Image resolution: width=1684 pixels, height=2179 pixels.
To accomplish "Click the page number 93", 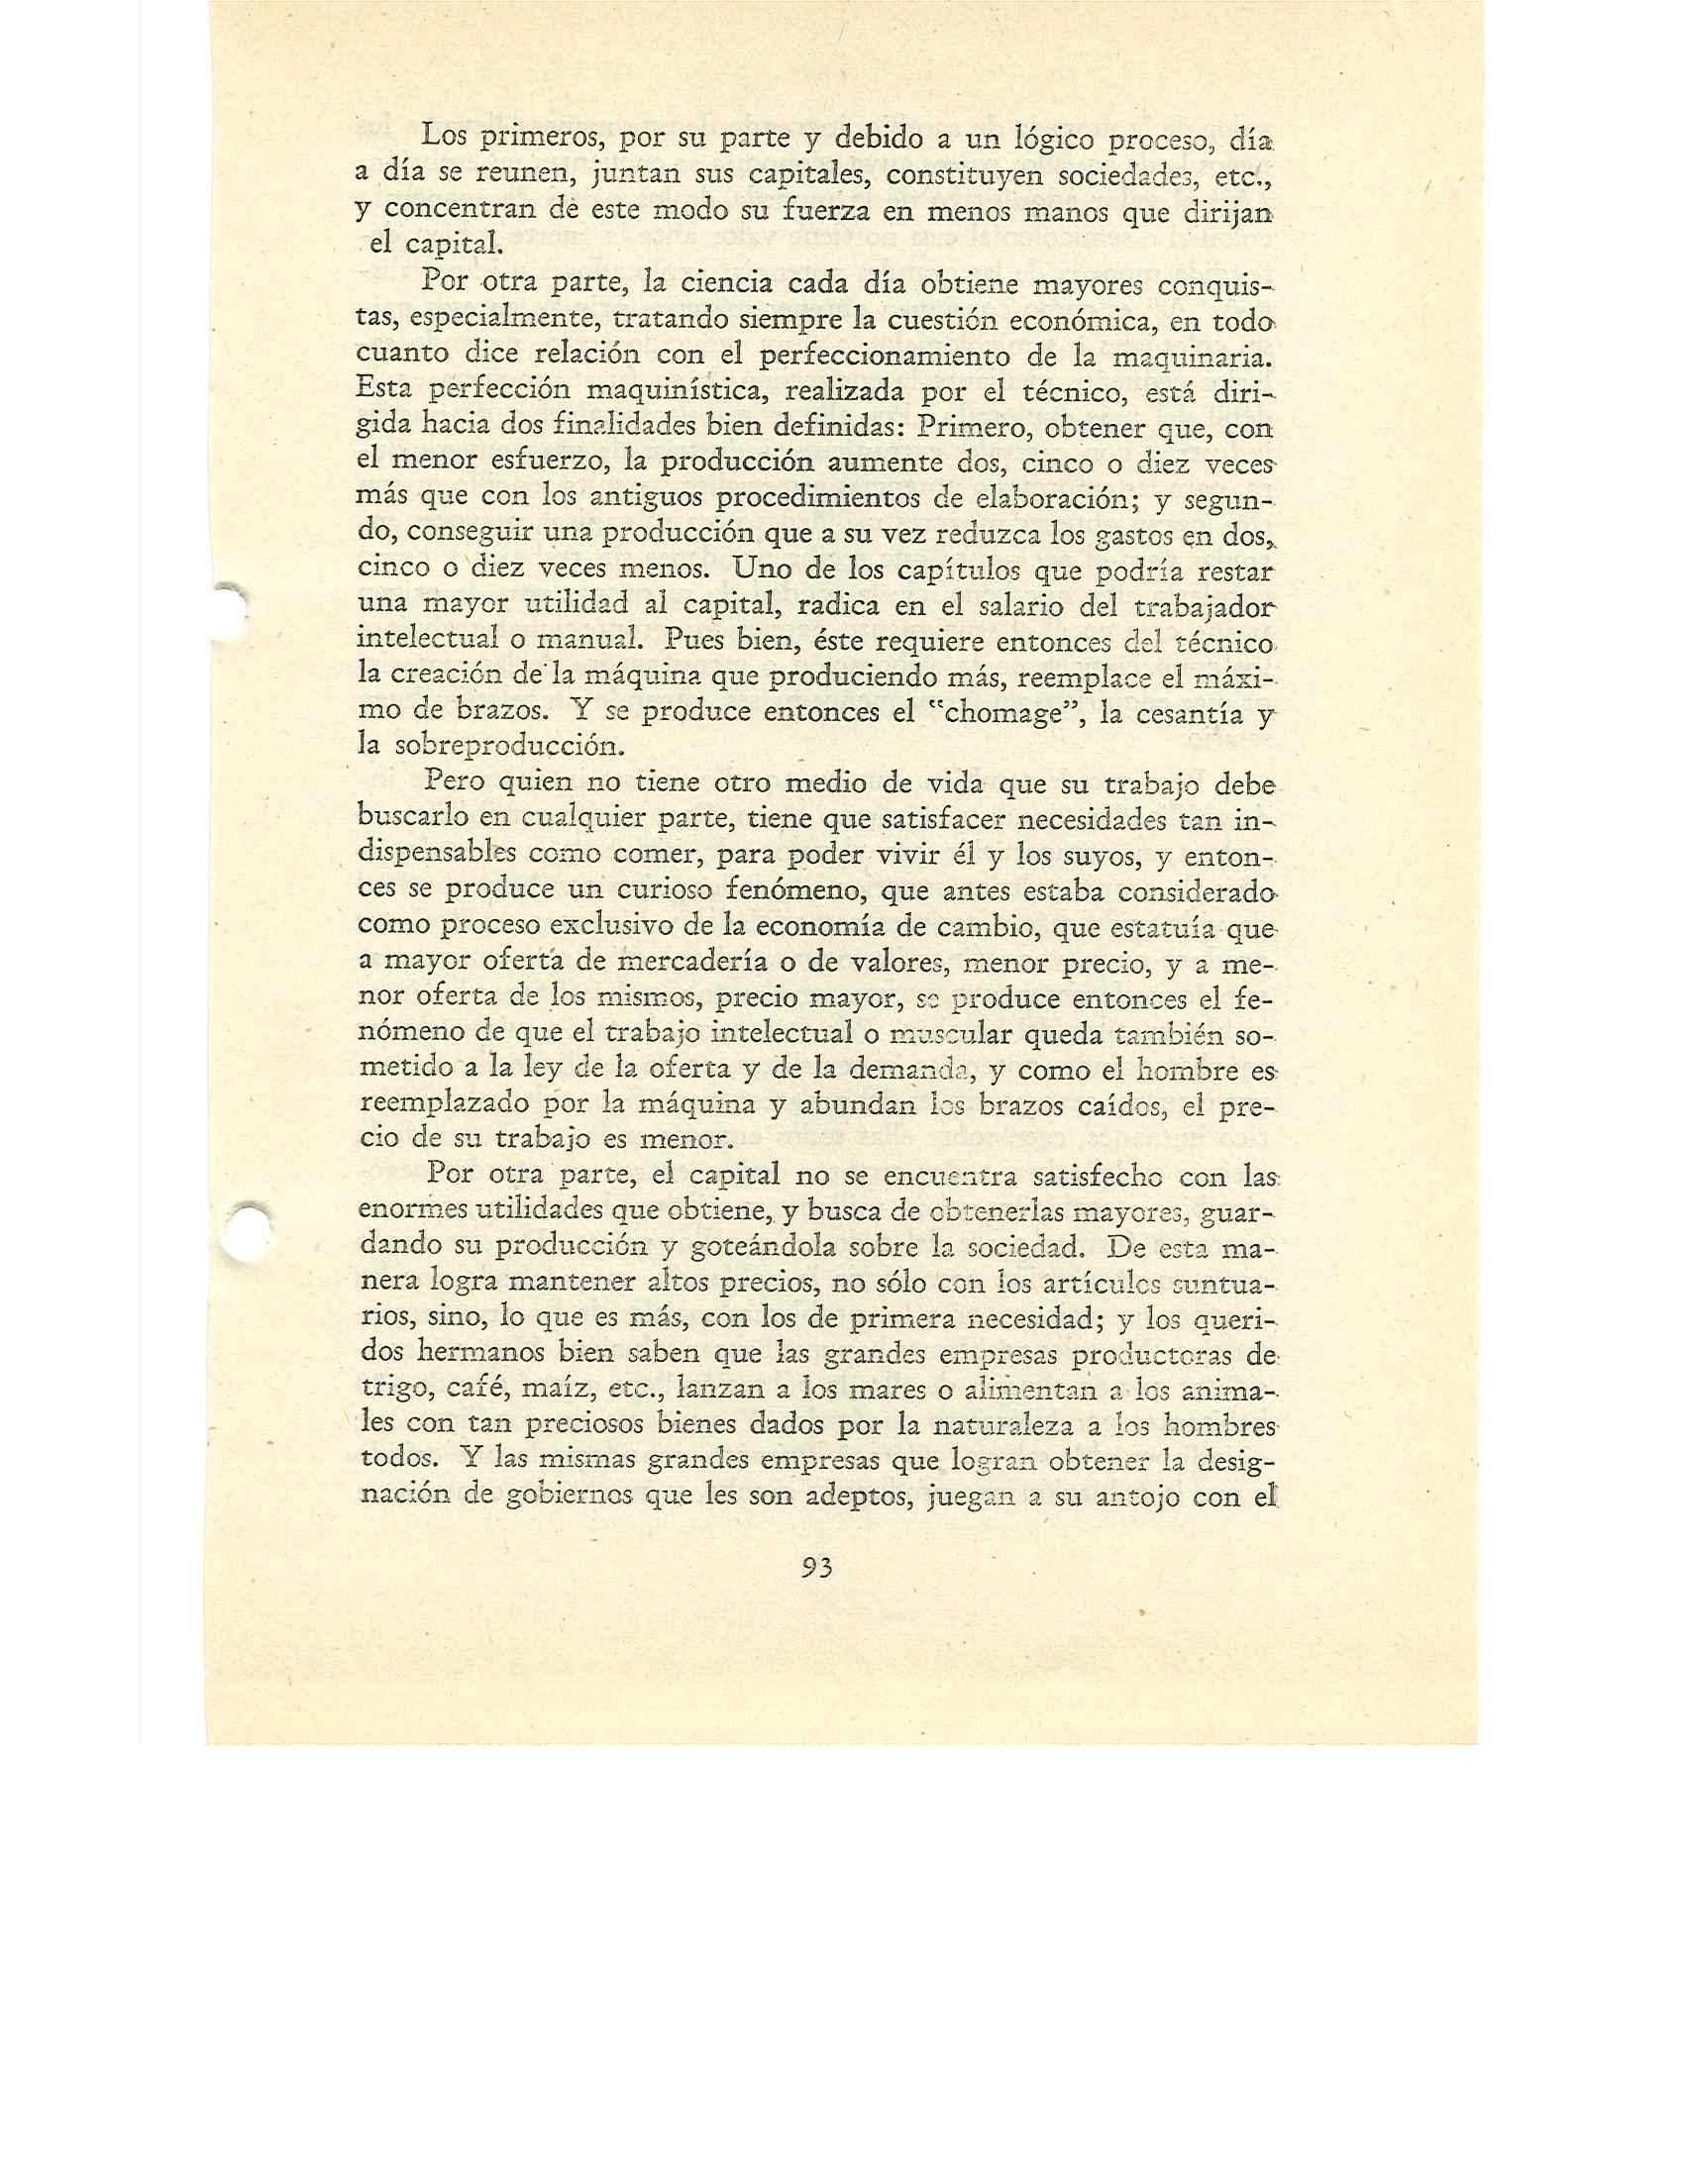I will point(816,1568).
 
